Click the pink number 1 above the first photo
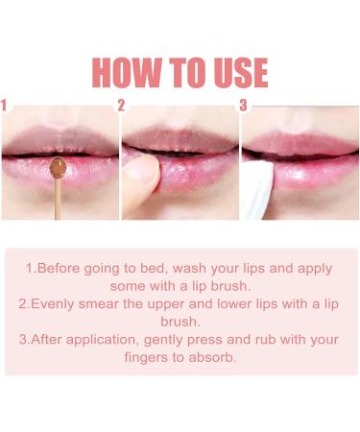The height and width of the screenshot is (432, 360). [x=5, y=105]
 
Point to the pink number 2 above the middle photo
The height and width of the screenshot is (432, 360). [x=122, y=105]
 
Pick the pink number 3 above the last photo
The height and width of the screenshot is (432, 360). [x=243, y=105]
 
